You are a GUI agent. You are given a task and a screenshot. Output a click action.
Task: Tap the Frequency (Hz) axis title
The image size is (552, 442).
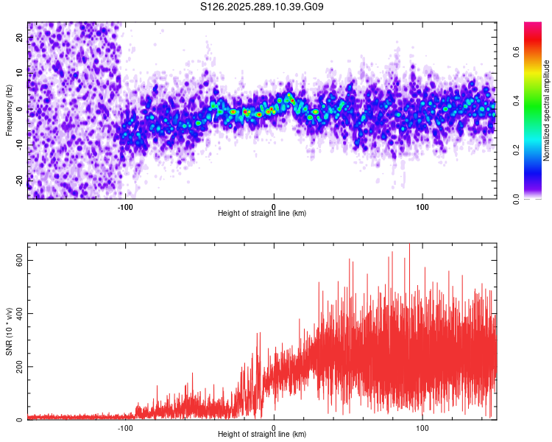[9, 110]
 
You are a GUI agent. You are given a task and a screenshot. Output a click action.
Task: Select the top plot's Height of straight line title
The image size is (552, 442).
[262, 213]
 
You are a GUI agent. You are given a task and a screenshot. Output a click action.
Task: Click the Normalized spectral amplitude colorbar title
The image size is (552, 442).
[546, 110]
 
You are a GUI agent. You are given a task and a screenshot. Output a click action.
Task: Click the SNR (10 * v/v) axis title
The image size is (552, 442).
[9, 331]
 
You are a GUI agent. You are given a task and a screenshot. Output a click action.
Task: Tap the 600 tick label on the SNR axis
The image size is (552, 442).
[17, 261]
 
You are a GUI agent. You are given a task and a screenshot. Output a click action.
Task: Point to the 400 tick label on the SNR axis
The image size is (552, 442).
[17, 314]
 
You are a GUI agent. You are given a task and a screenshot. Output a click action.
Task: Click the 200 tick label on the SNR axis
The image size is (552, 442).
[17, 367]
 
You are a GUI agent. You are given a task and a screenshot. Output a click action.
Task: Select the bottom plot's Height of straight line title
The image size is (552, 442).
[262, 434]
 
